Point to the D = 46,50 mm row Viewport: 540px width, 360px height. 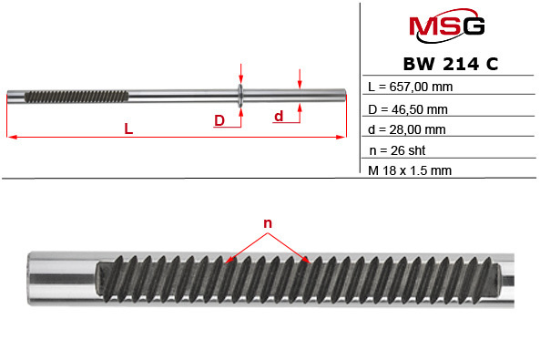coord(409,108)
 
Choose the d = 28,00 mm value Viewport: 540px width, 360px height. coord(409,129)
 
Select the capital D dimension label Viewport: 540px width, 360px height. coord(219,120)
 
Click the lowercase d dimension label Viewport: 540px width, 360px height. coord(279,116)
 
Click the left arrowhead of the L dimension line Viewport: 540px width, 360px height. coord(11,138)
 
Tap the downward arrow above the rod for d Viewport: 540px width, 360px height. coord(300,80)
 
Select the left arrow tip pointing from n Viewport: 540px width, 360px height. coord(228,261)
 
